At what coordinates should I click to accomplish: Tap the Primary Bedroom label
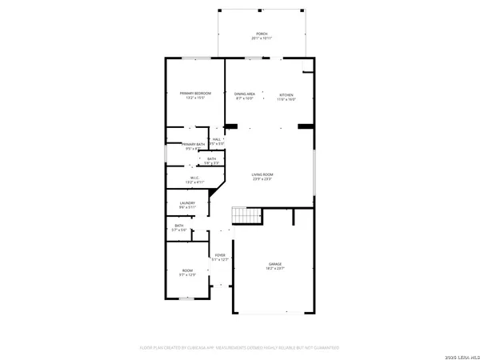point(195,94)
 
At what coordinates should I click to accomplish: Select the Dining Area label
point(245,94)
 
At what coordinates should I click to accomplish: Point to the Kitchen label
point(286,94)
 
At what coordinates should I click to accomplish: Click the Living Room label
point(263,175)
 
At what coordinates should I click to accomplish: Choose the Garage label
point(275,264)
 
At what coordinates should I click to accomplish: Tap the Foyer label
point(219,255)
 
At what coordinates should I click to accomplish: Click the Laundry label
point(187,203)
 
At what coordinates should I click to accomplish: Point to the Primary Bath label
point(193,144)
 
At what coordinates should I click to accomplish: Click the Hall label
point(217,139)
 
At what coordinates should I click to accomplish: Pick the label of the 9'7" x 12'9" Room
point(187,271)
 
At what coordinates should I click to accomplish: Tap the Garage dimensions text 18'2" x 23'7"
point(275,269)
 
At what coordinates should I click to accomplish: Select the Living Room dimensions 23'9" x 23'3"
point(263,180)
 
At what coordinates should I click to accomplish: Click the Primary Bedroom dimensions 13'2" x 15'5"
point(195,98)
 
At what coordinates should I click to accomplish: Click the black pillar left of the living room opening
point(231,126)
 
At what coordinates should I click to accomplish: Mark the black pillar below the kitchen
point(305,126)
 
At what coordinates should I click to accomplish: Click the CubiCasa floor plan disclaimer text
point(240,348)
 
